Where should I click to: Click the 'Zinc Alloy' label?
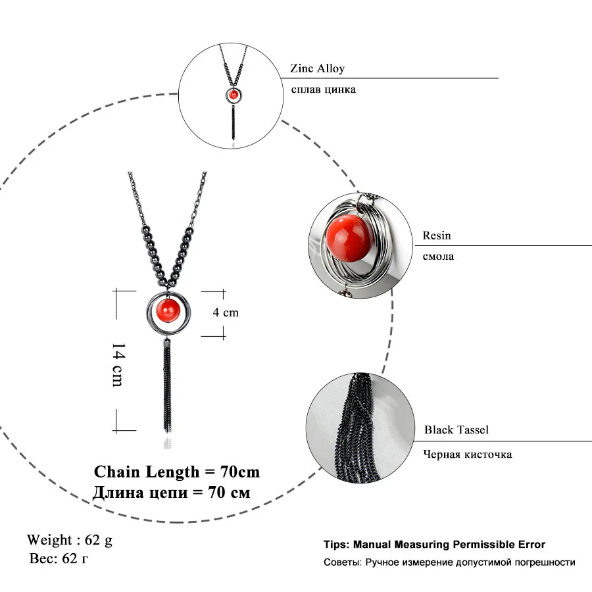point(317,68)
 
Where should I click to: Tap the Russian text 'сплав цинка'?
point(323,89)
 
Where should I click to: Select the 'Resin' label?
point(437,235)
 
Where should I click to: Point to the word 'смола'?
point(439,257)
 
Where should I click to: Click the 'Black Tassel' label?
point(456,430)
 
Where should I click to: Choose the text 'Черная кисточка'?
point(467,454)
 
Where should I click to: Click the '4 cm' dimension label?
point(226,312)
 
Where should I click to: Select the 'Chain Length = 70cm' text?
point(177,472)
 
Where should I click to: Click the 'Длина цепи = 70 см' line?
point(172,493)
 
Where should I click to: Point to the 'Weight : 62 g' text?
point(70,540)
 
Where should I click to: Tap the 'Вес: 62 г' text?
point(59,559)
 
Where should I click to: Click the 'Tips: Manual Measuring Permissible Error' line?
point(434,545)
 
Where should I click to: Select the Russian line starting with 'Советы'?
point(449,562)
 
